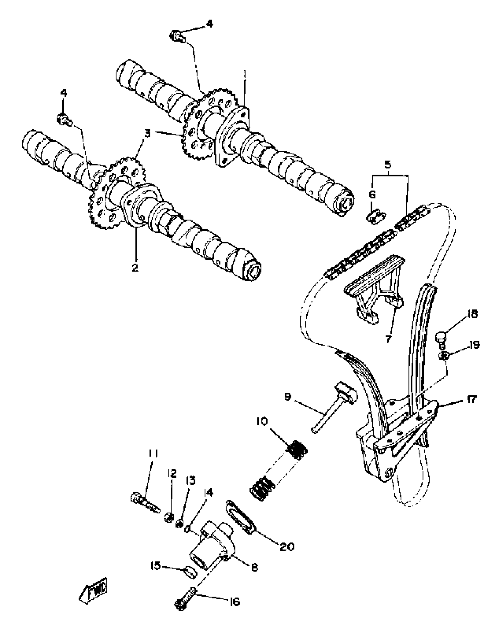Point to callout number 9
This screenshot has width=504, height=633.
click(x=288, y=397)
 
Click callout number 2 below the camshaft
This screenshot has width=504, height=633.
click(x=135, y=268)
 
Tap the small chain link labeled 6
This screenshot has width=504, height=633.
click(x=376, y=218)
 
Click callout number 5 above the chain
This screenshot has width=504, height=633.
click(x=388, y=165)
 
